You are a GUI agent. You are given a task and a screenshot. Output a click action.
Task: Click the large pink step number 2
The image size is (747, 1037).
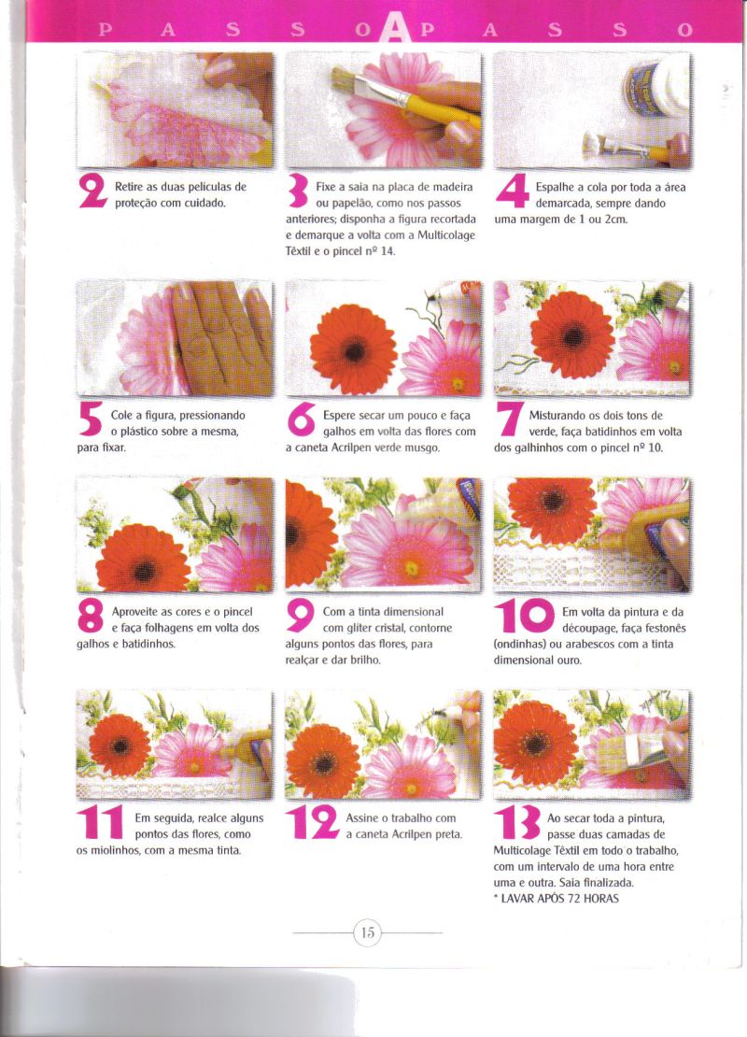tap(92, 192)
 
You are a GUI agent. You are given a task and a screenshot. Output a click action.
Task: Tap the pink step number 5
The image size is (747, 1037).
tap(91, 420)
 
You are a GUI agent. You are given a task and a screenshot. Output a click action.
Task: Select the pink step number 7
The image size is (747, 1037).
tap(510, 420)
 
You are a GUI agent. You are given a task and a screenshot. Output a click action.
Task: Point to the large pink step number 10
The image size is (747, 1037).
tap(525, 616)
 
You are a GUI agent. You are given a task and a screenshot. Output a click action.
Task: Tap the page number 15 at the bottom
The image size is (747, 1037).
tap(368, 933)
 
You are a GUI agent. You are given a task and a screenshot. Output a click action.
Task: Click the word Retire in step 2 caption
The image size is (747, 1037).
tap(130, 187)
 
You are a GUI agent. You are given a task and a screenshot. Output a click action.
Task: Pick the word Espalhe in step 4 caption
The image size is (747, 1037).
tap(556, 187)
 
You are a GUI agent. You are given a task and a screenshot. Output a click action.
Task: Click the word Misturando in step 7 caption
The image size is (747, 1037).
tap(557, 416)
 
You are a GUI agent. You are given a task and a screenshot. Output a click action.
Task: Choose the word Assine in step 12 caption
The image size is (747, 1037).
tap(361, 818)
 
